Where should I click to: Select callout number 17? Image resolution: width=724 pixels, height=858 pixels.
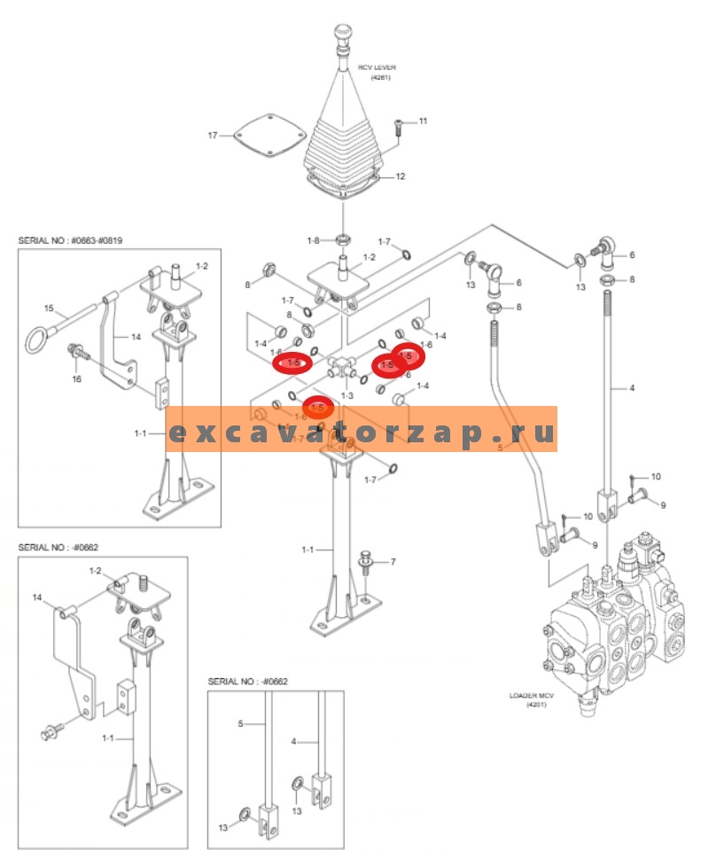pyautogui.click(x=212, y=136)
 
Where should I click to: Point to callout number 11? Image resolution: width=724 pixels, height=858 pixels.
pyautogui.click(x=423, y=121)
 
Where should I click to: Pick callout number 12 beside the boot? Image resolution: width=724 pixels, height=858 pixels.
pyautogui.click(x=401, y=176)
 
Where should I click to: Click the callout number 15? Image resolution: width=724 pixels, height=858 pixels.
pyautogui.click(x=50, y=308)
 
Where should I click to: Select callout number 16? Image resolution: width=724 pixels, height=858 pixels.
pyautogui.click(x=77, y=378)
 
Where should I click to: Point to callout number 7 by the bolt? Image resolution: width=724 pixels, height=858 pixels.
pyautogui.click(x=393, y=562)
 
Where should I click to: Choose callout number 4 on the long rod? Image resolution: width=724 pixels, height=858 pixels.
pyautogui.click(x=631, y=387)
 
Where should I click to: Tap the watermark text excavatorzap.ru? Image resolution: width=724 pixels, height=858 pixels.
pyautogui.click(x=362, y=433)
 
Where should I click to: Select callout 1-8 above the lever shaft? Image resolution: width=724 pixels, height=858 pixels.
pyautogui.click(x=313, y=240)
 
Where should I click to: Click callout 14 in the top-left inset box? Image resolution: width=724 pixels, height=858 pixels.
pyautogui.click(x=136, y=337)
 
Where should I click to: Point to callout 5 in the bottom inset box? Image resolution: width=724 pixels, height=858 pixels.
pyautogui.click(x=240, y=723)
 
